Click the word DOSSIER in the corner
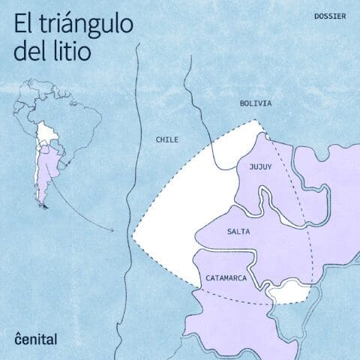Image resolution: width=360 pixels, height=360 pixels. (330, 16)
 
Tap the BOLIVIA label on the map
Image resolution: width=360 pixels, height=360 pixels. (256, 103)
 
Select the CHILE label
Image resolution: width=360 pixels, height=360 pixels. (167, 139)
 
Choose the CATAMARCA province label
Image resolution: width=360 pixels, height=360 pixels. (226, 277)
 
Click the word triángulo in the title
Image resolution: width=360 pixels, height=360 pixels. (85, 24)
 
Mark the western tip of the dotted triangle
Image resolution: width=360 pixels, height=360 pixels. (133, 241)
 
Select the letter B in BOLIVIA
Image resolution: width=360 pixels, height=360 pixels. (242, 103)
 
